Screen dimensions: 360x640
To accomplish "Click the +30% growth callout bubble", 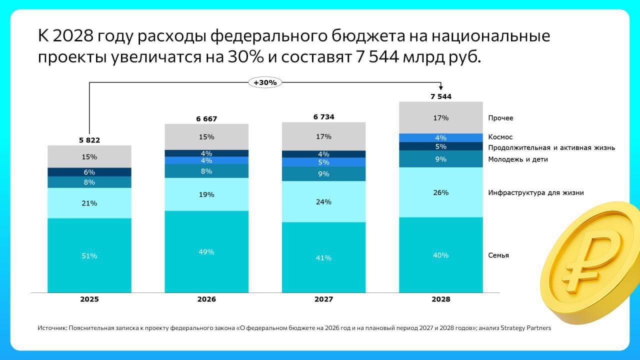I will [265, 82].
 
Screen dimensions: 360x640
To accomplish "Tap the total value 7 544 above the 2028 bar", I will [440, 96].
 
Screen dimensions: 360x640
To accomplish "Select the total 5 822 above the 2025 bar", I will [89, 140].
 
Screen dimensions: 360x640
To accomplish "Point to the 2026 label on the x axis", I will [206, 299].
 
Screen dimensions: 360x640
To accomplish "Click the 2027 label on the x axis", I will [323, 299].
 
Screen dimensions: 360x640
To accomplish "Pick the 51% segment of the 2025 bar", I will [89, 255].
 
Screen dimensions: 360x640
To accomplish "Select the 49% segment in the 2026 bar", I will [206, 252].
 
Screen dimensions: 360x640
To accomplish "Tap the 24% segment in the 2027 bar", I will [323, 202].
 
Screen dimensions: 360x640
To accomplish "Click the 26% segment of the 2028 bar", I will [440, 192].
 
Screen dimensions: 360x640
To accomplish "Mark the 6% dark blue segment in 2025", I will [89, 172].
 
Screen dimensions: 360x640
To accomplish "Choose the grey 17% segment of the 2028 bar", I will [440, 118].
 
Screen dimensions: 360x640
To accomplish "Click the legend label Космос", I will [500, 137].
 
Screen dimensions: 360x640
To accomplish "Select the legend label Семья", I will [498, 255].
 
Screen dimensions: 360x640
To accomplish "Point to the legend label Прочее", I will [500, 118].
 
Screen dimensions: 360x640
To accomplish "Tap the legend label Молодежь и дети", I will [518, 159].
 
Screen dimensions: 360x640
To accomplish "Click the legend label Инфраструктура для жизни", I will [536, 192].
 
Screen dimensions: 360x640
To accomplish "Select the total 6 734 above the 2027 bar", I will [323, 117].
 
